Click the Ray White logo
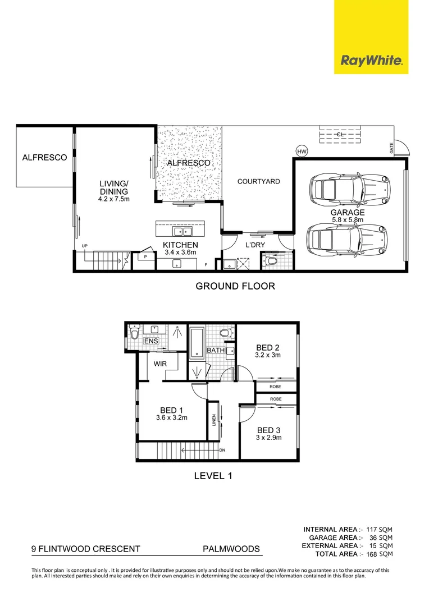[371, 36]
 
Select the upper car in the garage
[349, 189]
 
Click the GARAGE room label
[348, 212]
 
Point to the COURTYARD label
[258, 181]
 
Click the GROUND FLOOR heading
[235, 286]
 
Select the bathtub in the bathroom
[197, 342]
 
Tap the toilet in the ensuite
[134, 333]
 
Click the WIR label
[160, 364]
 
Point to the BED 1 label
[172, 410]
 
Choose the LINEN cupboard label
[214, 420]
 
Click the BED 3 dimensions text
[268, 438]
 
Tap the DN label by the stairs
[222, 450]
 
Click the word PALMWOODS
[231, 549]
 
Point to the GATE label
[391, 148]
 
